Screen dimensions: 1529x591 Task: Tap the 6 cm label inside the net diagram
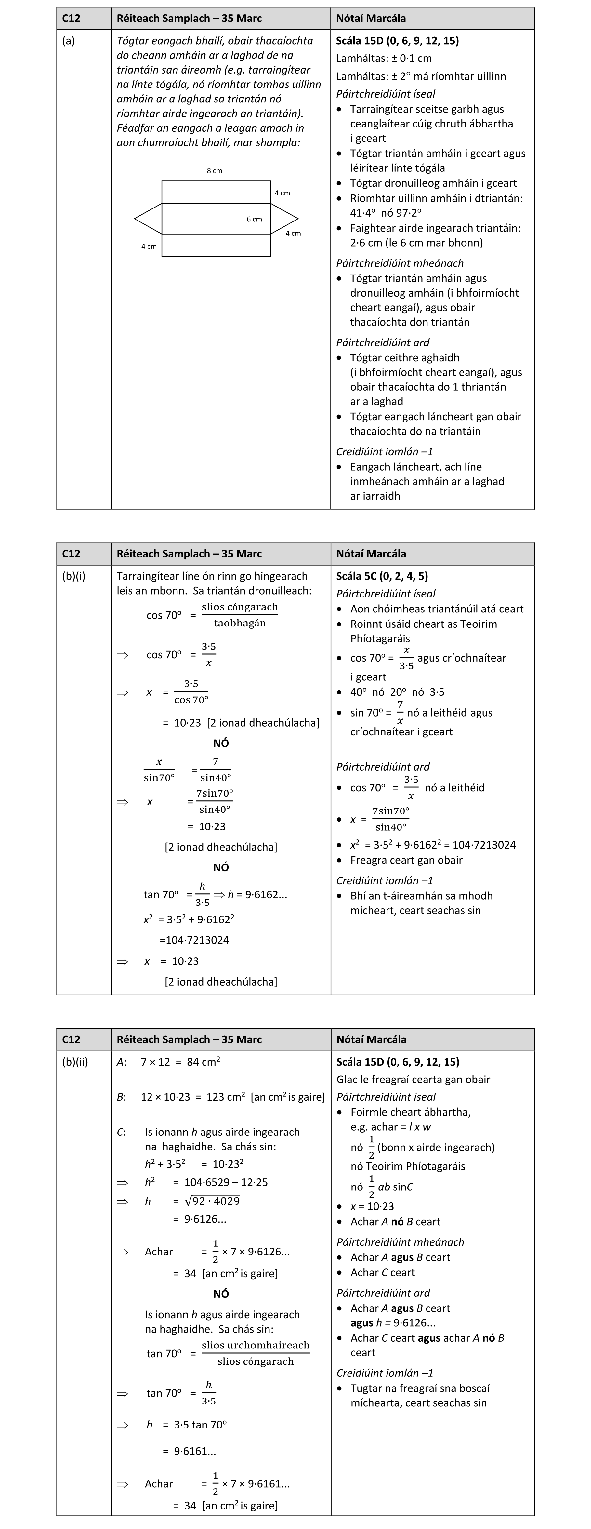(254, 219)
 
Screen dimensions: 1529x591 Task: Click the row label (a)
(69, 41)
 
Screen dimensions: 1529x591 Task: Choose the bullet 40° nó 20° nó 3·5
(397, 692)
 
